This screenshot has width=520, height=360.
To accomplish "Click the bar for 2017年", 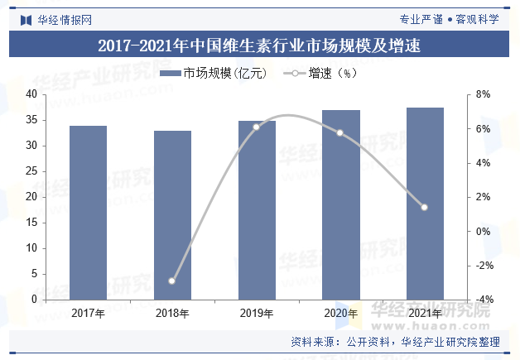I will (88, 213).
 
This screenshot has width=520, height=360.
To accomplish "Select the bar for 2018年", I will (172, 215).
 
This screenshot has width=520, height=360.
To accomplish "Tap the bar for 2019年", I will (257, 210).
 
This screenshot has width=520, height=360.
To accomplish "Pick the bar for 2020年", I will (341, 204).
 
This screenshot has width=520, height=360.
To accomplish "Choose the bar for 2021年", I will (425, 204).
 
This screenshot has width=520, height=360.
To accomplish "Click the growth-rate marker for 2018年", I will (172, 281).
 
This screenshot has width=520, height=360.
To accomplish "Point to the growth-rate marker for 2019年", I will (257, 127).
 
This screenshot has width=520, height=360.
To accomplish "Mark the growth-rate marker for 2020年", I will (340, 132).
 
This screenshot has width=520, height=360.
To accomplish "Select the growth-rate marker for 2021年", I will (425, 207).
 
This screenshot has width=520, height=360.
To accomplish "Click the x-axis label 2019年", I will (257, 313).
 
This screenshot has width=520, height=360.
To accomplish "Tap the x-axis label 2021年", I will (425, 313).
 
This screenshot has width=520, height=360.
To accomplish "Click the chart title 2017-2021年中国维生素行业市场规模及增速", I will (259, 46).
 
